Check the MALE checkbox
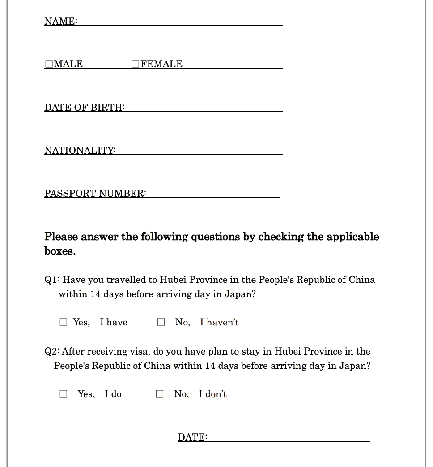[49, 64]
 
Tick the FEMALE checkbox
[136, 64]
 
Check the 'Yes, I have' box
[64, 322]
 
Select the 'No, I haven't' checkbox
[161, 322]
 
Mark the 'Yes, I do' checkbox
[64, 394]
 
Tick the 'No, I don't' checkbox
[160, 394]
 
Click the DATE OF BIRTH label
[84, 107]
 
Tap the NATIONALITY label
[80, 150]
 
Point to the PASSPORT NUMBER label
[95, 193]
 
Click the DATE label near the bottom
[192, 437]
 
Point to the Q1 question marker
[51, 280]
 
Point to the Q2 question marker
[51, 351]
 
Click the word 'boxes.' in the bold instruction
[60, 251]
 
